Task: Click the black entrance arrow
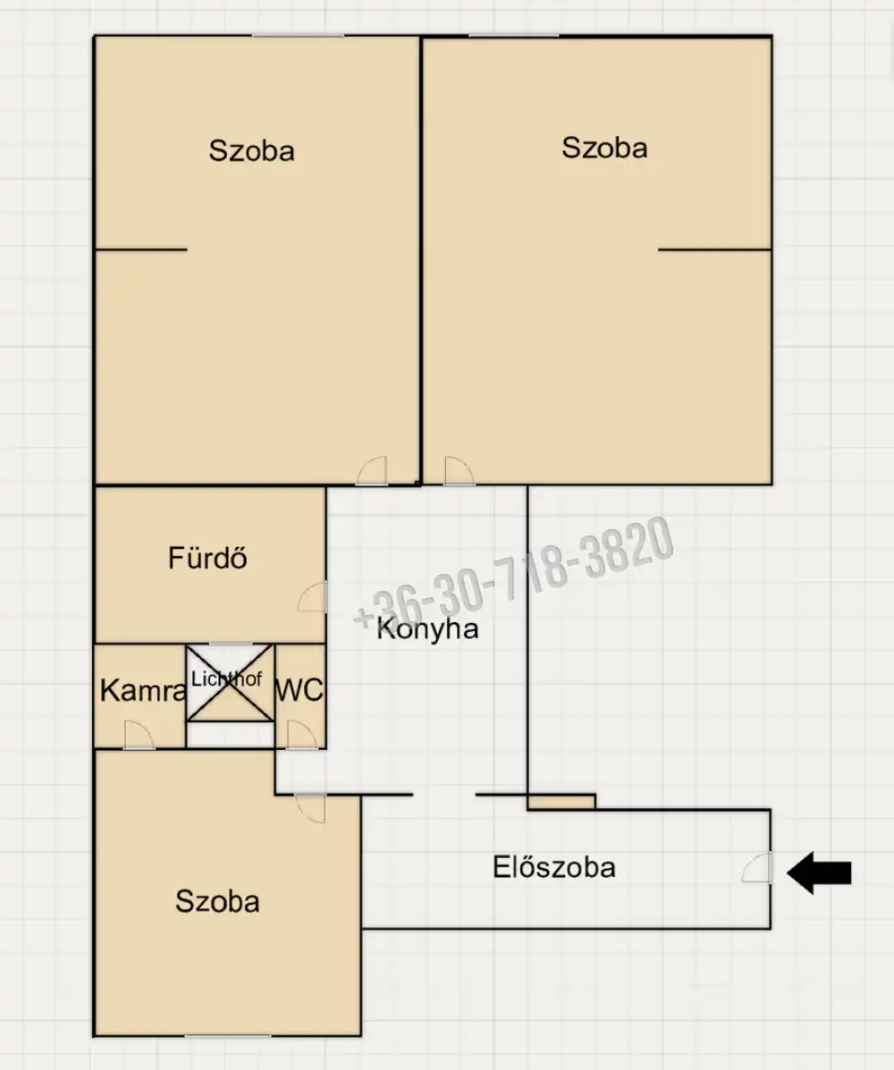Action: tap(819, 872)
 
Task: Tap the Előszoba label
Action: tap(554, 867)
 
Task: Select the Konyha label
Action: tap(428, 628)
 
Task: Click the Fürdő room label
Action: tap(207, 558)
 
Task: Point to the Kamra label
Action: tap(143, 691)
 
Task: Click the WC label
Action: tap(299, 691)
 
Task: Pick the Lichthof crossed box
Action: tap(230, 682)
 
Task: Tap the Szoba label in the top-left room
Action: tap(252, 151)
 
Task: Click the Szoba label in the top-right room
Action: tap(604, 148)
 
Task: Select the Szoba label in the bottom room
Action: tap(218, 901)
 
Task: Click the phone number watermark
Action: tap(513, 572)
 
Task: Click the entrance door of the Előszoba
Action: tap(757, 867)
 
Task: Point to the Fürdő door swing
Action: tap(313, 596)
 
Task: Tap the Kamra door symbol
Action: tap(139, 735)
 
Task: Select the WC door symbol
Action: tap(302, 735)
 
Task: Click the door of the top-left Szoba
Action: tap(372, 471)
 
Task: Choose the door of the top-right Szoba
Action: tap(459, 471)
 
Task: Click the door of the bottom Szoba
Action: tap(310, 809)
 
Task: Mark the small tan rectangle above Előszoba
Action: tap(561, 802)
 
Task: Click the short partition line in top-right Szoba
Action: tap(714, 249)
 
